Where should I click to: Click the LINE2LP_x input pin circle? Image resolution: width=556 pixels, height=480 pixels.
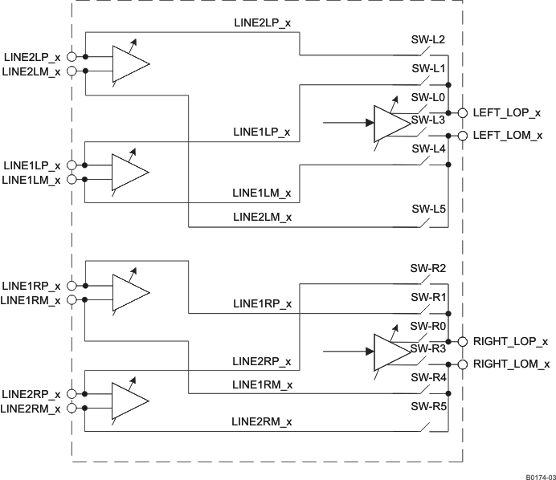coord(72,57)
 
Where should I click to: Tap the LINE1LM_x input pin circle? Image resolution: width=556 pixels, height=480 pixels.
coord(72,179)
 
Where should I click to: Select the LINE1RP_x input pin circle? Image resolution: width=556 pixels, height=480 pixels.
coord(72,285)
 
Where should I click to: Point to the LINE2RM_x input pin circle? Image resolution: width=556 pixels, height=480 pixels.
coord(72,408)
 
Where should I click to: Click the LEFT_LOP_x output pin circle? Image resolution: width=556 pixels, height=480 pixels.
coord(463,113)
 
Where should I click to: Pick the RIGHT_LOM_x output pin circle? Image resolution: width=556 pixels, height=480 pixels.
coord(463,364)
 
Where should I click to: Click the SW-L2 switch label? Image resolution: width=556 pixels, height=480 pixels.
coord(428,39)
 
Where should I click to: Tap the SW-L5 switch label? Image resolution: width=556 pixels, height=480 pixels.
coord(428,209)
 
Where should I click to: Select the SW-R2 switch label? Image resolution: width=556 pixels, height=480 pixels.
coord(428,268)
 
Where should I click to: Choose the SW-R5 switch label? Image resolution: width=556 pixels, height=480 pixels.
coord(428,406)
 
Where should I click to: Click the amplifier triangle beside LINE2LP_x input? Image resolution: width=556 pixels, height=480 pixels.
coord(129,63)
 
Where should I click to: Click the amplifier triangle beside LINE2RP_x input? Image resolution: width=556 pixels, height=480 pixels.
coord(129,401)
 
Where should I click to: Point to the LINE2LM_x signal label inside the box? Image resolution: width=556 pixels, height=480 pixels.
coord(262,217)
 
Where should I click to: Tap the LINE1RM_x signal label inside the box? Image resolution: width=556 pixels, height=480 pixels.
coord(262,384)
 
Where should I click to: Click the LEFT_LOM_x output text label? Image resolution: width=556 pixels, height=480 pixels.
coord(507,136)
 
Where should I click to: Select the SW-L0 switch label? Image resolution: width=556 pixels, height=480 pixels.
coord(428,97)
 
